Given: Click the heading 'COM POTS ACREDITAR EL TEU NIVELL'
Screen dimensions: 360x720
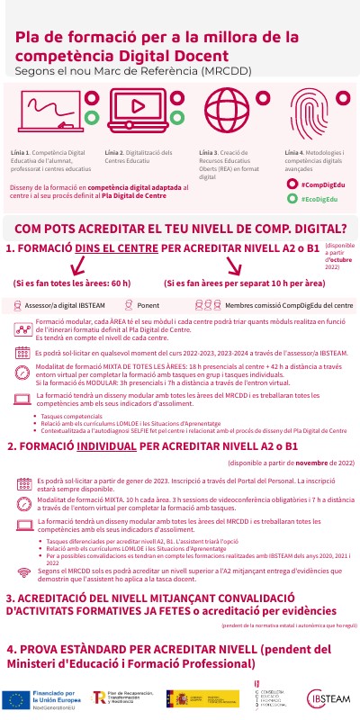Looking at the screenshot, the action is (x=181, y=229).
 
